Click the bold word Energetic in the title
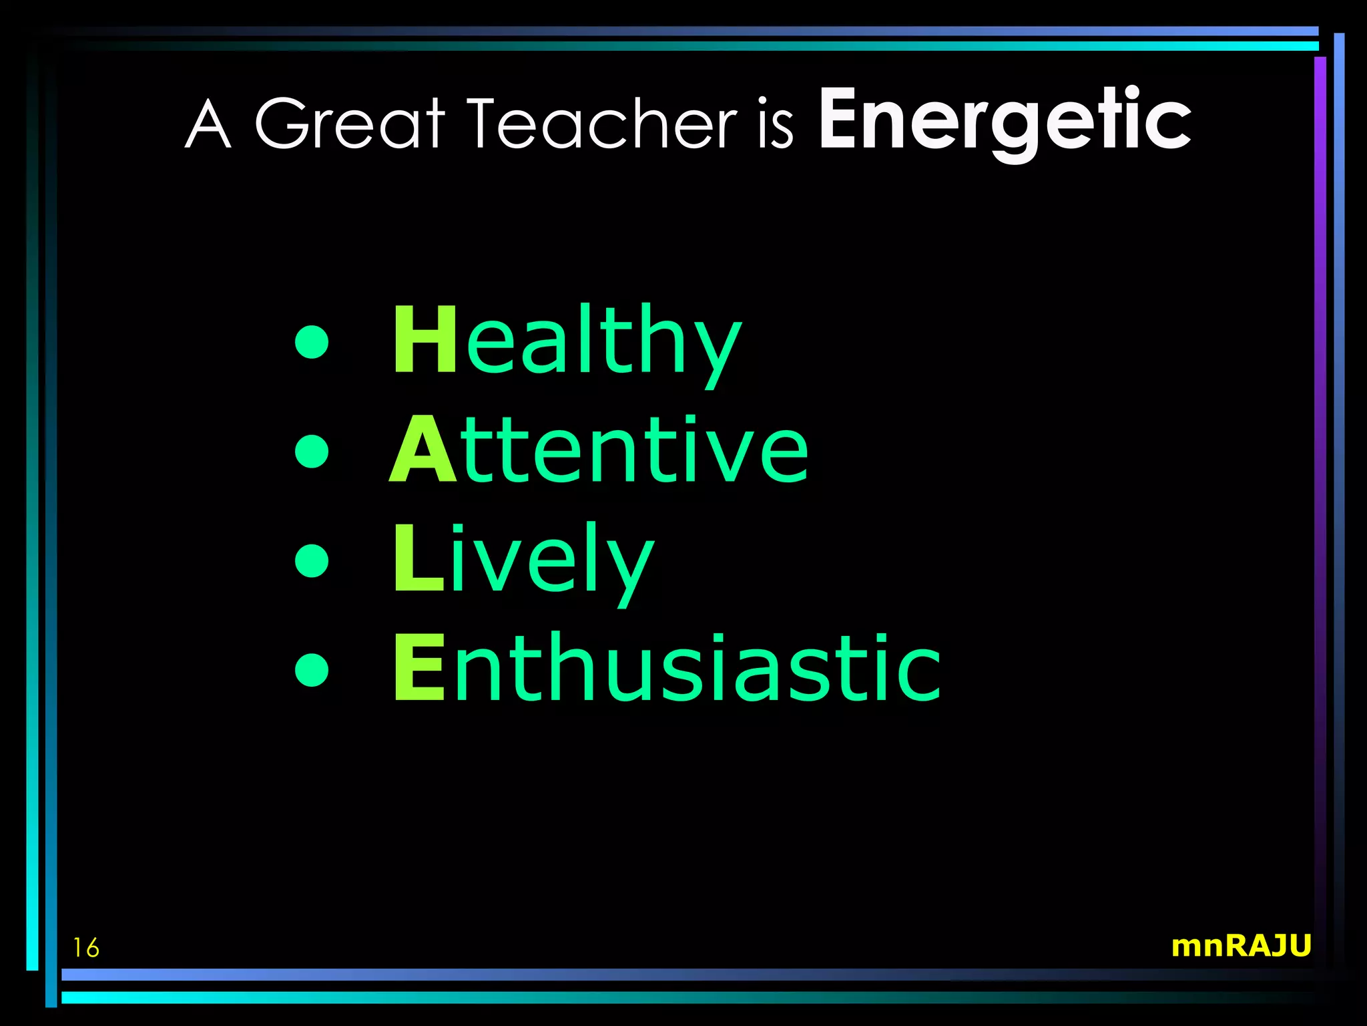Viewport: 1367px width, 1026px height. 1005,120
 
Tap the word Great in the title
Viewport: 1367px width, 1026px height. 350,123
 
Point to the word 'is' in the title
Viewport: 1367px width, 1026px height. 776,126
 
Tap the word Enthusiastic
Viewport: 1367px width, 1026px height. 666,668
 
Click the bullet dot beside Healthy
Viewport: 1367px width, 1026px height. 312,342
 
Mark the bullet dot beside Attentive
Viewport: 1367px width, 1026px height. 312,451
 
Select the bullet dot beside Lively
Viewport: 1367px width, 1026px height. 312,560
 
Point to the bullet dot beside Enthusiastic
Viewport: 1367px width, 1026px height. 312,669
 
